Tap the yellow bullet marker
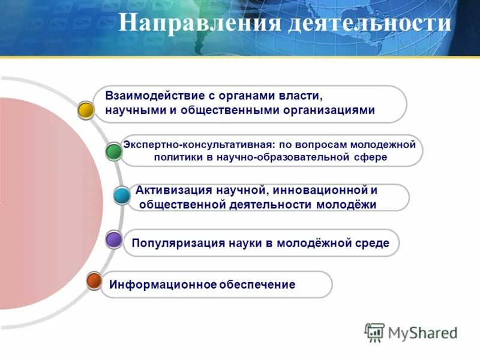(x=86, y=110)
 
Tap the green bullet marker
(x=113, y=151)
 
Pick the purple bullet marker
(x=114, y=240)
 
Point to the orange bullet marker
(x=94, y=280)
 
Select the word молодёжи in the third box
(x=349, y=205)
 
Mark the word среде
(x=371, y=243)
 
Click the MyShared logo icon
(x=374, y=332)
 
